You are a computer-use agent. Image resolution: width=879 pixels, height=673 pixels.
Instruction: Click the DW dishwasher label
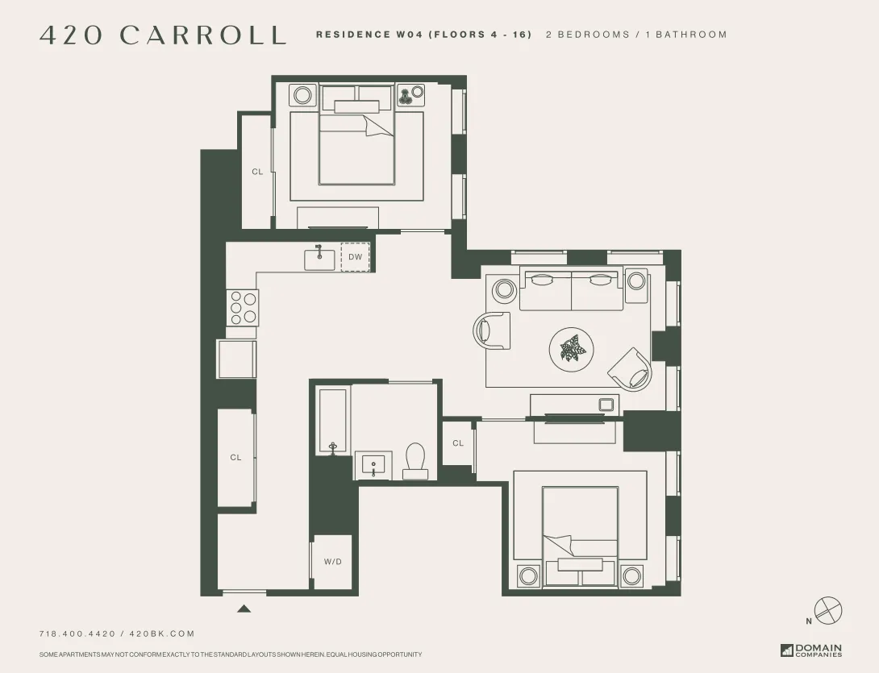click(x=355, y=257)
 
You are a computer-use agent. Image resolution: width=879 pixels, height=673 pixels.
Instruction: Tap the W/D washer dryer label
click(x=332, y=562)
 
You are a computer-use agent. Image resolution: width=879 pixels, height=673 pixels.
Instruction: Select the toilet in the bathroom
click(x=415, y=462)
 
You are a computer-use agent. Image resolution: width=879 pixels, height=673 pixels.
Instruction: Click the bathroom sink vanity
click(x=373, y=466)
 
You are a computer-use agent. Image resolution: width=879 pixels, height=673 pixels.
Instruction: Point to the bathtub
click(x=332, y=422)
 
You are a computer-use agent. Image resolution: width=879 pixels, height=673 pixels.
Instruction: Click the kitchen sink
click(x=319, y=259)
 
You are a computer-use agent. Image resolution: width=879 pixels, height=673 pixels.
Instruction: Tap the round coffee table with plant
click(x=572, y=350)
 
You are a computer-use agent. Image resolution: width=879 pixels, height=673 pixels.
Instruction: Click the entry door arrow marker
click(x=244, y=609)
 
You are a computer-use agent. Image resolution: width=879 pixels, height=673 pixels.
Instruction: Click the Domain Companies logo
click(x=810, y=650)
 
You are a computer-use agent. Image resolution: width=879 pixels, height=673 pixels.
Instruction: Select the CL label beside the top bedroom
click(x=257, y=172)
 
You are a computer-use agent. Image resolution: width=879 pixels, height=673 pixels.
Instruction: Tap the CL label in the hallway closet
click(x=235, y=458)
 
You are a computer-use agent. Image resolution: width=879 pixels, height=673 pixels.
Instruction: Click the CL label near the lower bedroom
click(x=458, y=443)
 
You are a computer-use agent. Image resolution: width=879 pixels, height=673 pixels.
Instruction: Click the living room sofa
click(x=571, y=290)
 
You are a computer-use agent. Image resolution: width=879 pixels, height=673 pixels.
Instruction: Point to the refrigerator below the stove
click(x=236, y=359)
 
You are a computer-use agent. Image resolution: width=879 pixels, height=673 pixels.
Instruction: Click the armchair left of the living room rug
click(x=493, y=330)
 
